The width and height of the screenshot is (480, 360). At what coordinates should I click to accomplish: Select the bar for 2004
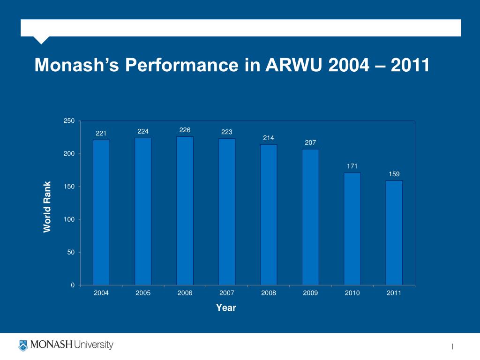tap(101, 212)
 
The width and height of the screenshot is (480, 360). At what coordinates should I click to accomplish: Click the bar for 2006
tap(185, 211)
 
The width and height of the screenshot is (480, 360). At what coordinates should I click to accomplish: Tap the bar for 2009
tap(310, 217)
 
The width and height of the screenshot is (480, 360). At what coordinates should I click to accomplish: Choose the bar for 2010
tap(352, 229)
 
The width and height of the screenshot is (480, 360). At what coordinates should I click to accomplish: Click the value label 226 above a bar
tap(185, 129)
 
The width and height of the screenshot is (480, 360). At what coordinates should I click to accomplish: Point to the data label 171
tap(352, 166)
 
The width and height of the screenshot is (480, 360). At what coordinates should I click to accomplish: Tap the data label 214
tap(269, 138)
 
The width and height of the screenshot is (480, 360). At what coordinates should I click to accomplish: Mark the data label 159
tap(394, 174)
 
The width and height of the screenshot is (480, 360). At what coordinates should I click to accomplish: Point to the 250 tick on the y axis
tap(69, 121)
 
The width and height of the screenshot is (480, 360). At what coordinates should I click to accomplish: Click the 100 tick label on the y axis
tap(69, 219)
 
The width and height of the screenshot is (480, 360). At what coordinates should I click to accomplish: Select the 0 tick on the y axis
tap(73, 285)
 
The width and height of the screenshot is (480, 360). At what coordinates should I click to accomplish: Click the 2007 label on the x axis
tap(227, 293)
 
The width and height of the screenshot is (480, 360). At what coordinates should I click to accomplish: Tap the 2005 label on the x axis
tap(143, 293)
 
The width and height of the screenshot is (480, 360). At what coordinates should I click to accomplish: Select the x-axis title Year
tap(226, 308)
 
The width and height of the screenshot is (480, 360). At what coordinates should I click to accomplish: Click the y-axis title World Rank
tap(47, 207)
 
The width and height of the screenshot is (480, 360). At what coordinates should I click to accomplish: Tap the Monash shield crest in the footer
tap(23, 345)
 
